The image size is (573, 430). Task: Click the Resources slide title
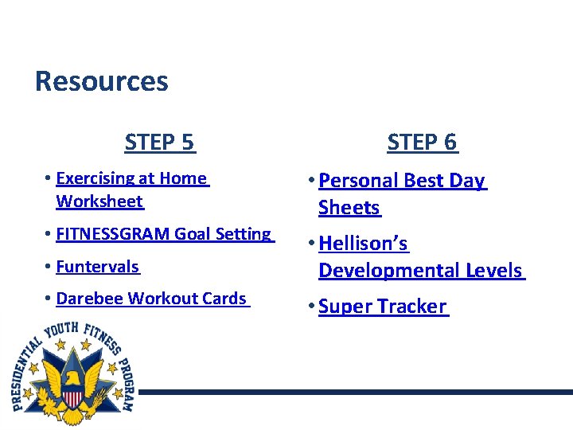101,81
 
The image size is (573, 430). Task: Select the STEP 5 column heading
159,143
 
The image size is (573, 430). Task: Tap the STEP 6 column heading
422,143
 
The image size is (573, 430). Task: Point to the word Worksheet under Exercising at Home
99,201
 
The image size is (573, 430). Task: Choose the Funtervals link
97,267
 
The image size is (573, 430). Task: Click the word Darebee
90,299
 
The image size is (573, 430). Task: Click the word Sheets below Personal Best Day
349,208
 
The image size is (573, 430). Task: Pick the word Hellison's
363,243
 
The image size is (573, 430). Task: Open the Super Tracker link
382,307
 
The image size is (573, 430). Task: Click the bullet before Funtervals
49,267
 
